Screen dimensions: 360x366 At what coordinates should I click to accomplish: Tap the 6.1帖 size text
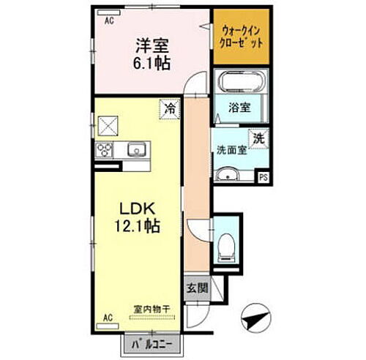point(152,63)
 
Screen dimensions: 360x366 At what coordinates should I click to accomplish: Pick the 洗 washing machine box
point(260,137)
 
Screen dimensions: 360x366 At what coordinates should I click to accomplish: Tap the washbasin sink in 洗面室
point(228,173)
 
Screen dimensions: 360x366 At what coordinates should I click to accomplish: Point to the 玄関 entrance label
point(195,288)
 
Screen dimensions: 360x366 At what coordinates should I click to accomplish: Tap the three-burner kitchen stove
point(103,151)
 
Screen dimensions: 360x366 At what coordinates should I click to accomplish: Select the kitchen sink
point(136,151)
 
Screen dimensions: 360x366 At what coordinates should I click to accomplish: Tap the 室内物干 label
point(152,310)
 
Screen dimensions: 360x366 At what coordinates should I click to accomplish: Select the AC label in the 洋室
point(108,21)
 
